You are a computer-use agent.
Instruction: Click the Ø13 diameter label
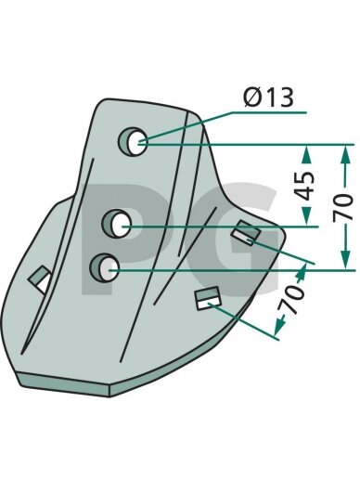(x=268, y=97)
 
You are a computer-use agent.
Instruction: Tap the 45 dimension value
(x=303, y=186)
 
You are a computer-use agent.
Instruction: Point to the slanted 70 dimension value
(x=290, y=298)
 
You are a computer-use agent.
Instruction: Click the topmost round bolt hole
(x=134, y=141)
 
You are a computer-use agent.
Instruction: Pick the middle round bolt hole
(x=117, y=224)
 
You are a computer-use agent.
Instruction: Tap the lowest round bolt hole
(x=104, y=267)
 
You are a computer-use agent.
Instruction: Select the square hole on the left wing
(x=41, y=279)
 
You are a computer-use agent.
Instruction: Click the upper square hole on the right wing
(x=246, y=233)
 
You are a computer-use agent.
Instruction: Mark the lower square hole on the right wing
(x=208, y=298)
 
